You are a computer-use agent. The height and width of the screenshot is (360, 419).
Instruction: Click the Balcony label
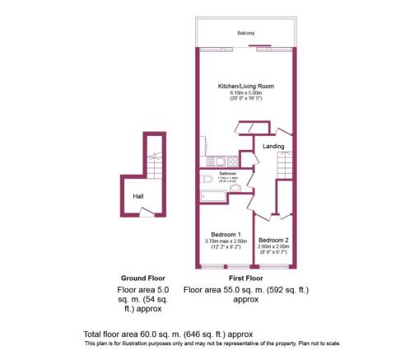coord(246,33)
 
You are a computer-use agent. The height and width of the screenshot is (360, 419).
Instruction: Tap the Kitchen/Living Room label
coord(245,86)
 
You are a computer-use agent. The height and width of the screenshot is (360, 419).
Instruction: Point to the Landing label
coord(273,147)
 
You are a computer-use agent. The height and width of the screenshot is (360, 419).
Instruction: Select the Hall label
coord(138,197)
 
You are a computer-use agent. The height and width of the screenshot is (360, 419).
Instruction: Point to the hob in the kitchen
coord(233,161)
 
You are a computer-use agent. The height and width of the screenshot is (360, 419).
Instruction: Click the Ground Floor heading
coord(138,278)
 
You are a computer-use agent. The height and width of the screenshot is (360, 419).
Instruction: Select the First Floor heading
coord(222,278)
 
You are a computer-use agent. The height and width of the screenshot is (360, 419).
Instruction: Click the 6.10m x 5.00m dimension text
coord(245,93)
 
